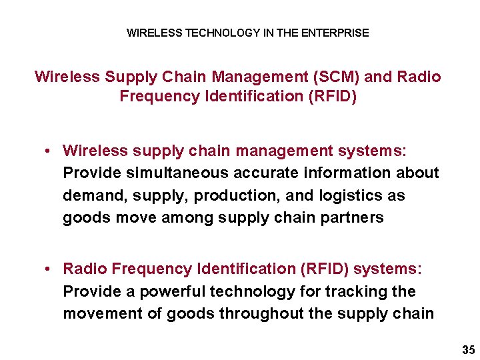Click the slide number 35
pos(467,350)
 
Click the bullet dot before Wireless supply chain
pos(50,151)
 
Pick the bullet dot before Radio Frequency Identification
pos(50,269)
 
